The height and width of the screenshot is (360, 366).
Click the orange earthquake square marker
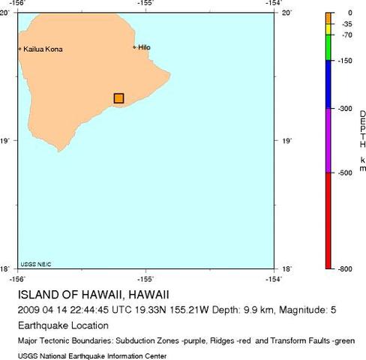click(x=118, y=98)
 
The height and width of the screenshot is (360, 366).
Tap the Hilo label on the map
click(x=145, y=47)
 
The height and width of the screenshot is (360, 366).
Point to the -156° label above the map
click(x=18, y=4)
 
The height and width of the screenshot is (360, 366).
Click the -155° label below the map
click(x=145, y=277)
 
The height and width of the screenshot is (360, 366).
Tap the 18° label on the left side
click(x=7, y=268)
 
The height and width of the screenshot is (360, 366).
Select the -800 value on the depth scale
click(x=346, y=268)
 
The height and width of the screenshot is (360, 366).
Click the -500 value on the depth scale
click(x=346, y=173)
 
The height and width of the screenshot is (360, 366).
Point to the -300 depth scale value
click(x=346, y=109)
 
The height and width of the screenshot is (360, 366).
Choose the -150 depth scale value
click(x=346, y=61)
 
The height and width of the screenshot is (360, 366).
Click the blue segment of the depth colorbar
click(x=328, y=84)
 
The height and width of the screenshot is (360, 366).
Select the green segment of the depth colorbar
click(x=328, y=48)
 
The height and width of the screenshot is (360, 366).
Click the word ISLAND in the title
click(x=38, y=294)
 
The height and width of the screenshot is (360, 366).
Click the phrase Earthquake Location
click(x=63, y=326)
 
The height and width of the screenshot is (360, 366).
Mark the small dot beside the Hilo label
click(x=134, y=47)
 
